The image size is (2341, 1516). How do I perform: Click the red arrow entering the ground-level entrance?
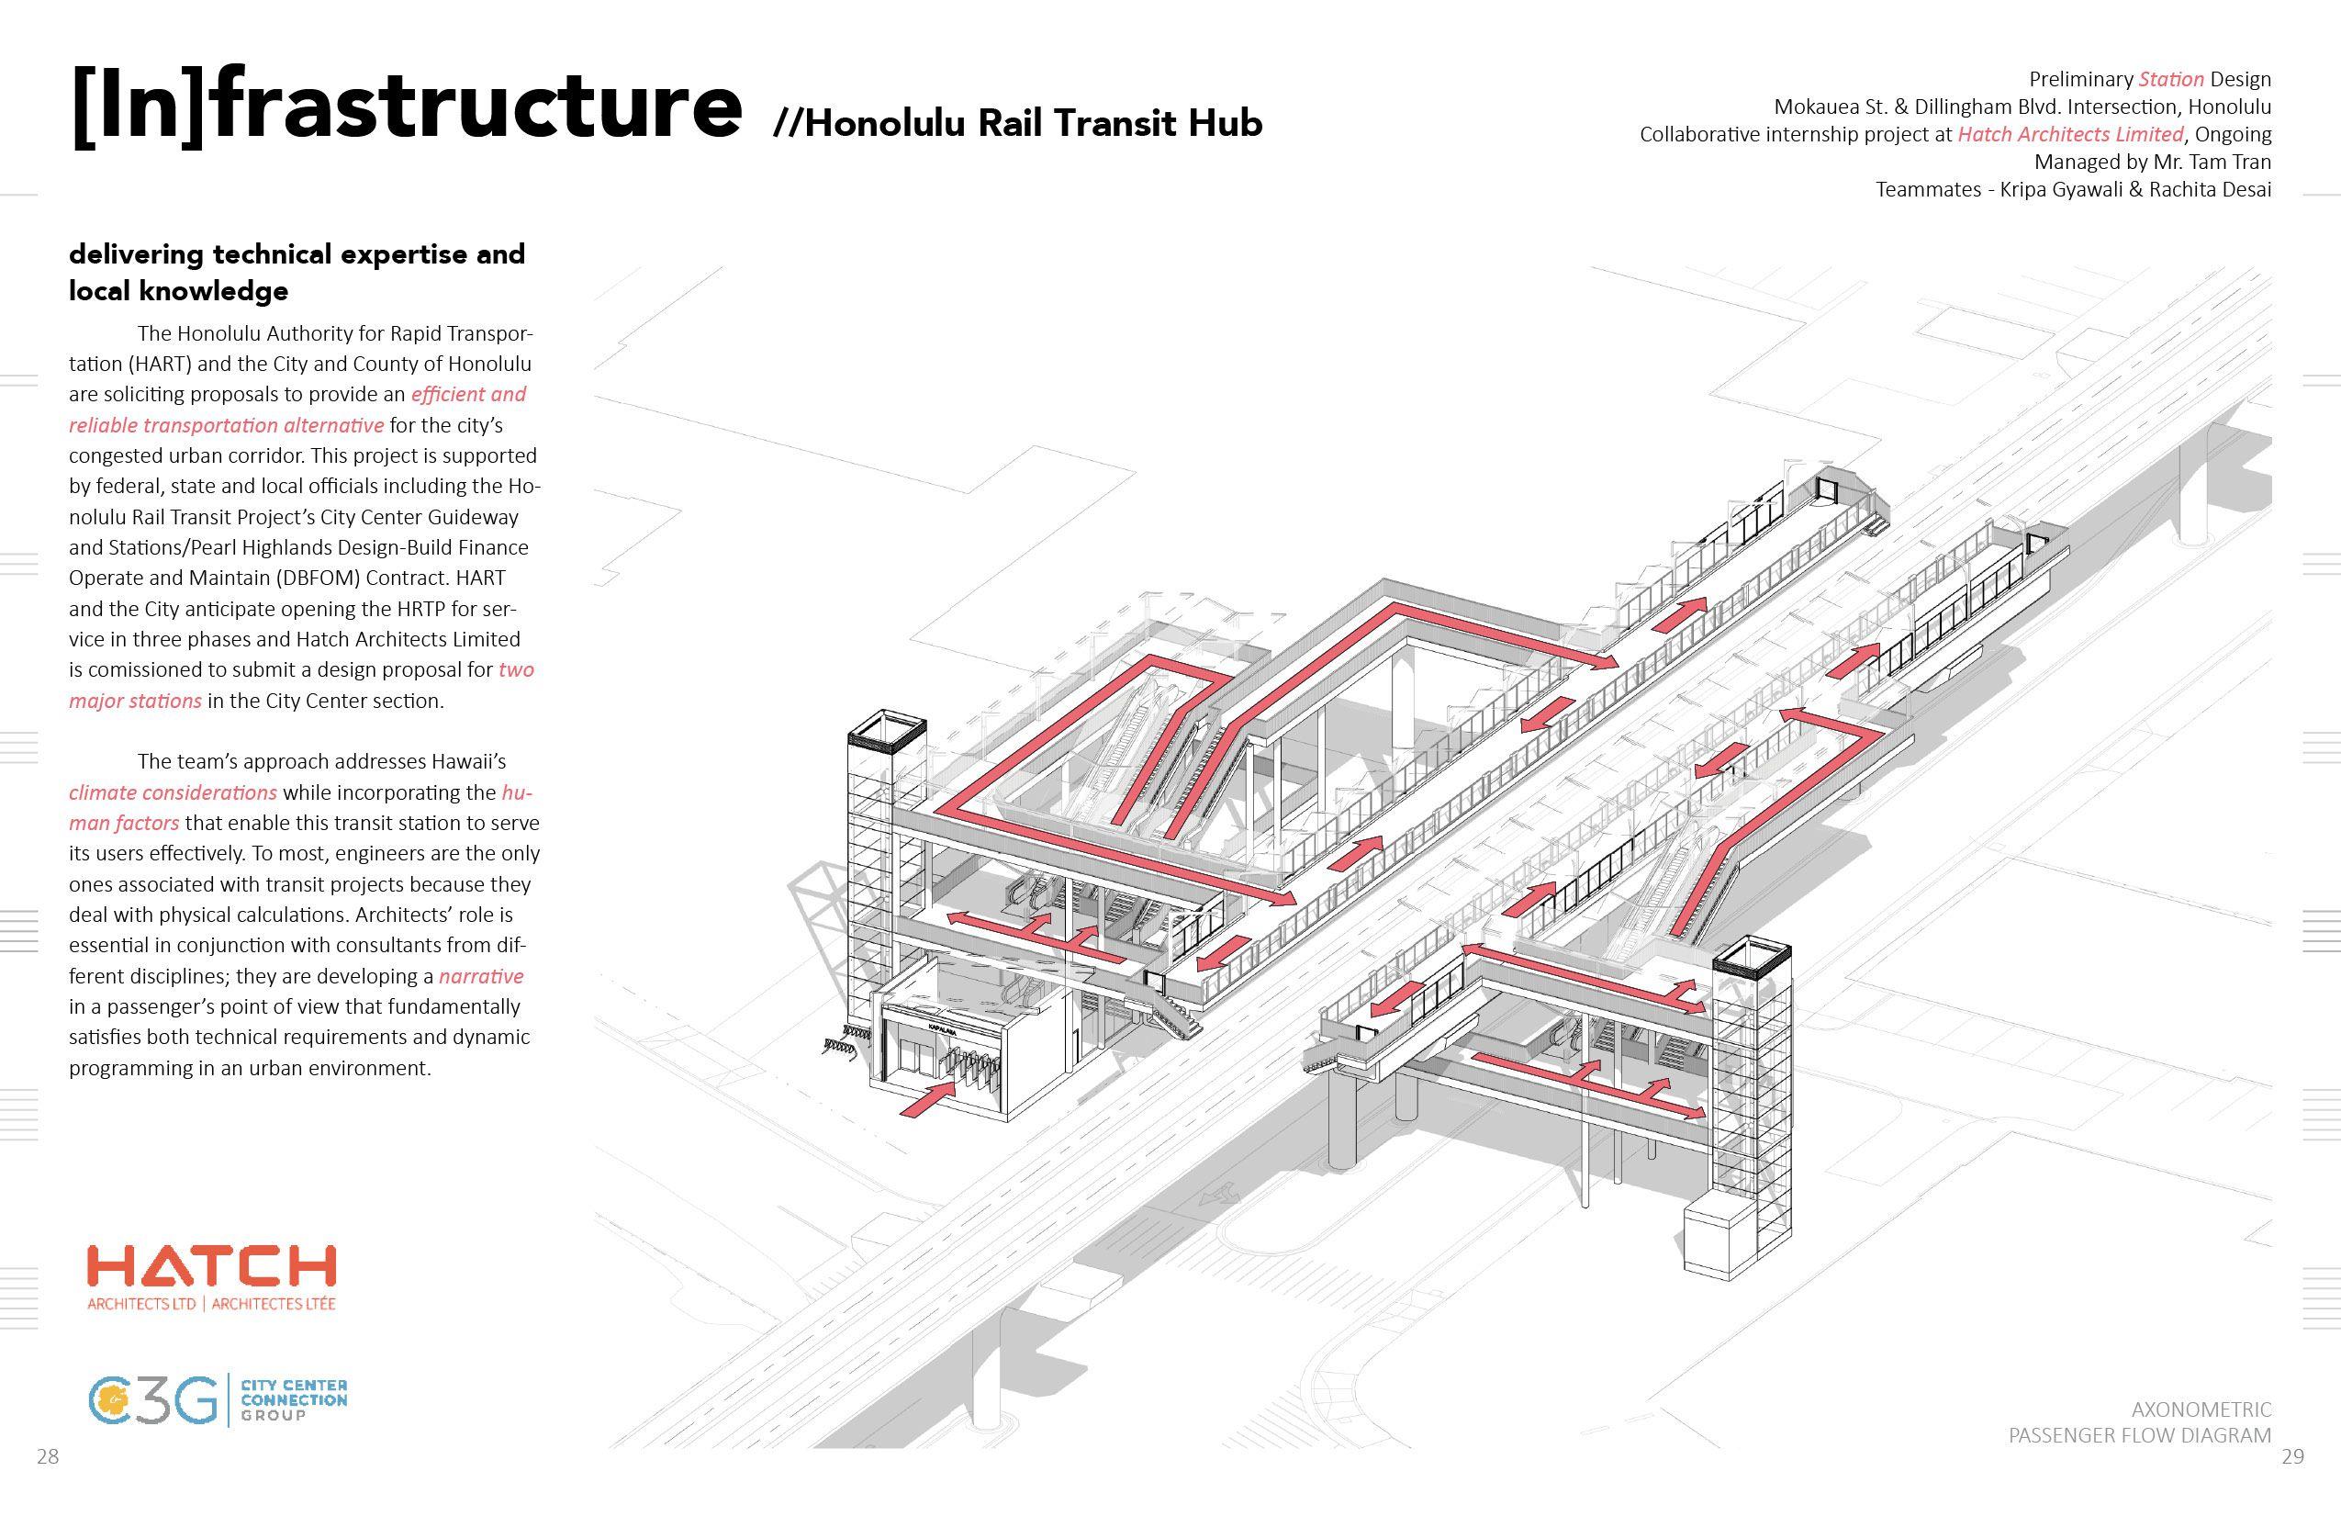tap(929, 1099)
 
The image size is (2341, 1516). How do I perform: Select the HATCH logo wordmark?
tap(211, 1265)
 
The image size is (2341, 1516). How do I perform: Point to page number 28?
tap(47, 1457)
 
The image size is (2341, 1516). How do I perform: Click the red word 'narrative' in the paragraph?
tap(480, 977)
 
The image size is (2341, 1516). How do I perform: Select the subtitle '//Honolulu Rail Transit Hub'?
tap(1018, 124)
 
